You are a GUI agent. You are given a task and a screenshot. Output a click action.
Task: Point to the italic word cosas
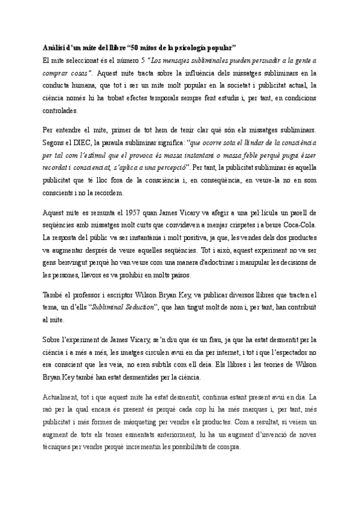[76, 73]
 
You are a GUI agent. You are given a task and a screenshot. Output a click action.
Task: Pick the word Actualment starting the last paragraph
[61, 397]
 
